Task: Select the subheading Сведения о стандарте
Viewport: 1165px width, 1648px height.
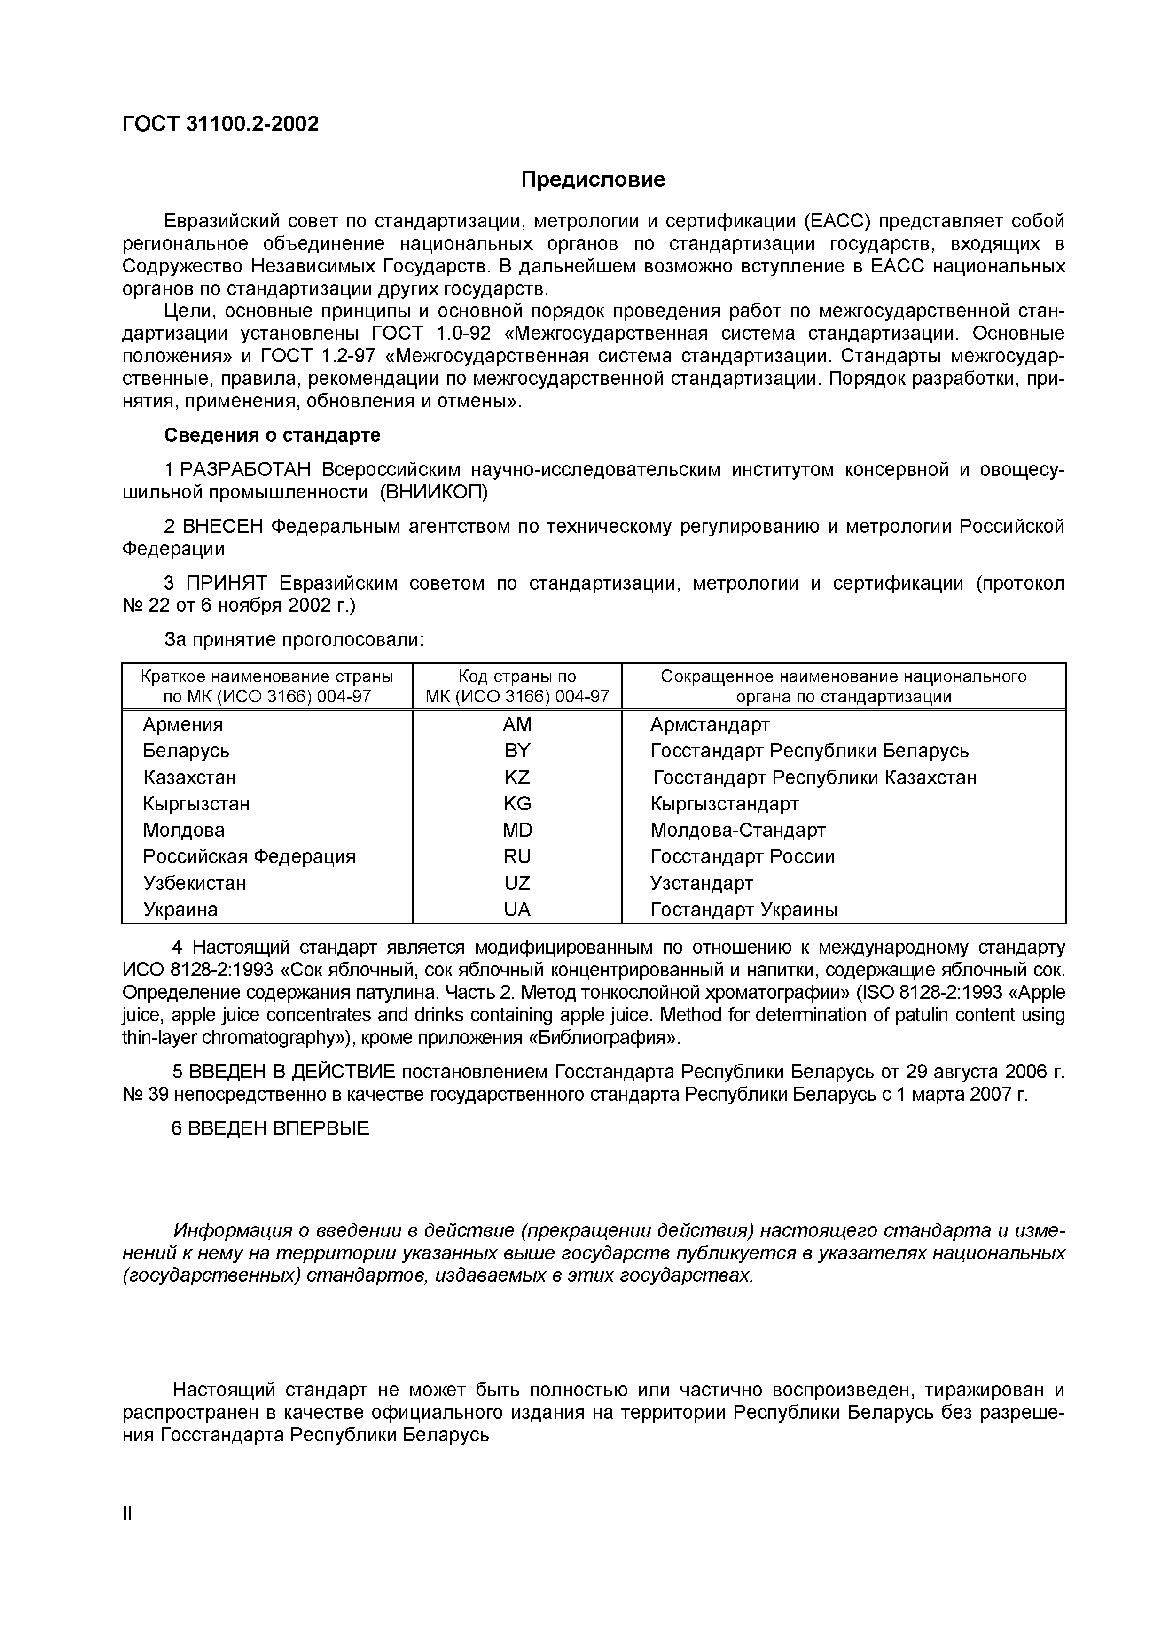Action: coord(272,435)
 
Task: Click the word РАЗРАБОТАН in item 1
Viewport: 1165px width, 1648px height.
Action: coord(245,469)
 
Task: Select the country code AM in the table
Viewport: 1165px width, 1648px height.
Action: coord(517,724)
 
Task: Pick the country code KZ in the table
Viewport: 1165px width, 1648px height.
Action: coord(517,777)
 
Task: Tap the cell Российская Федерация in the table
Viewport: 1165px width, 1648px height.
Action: coord(249,856)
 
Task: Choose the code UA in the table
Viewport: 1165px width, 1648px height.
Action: coord(517,910)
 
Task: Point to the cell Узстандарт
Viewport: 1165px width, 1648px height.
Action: coord(701,883)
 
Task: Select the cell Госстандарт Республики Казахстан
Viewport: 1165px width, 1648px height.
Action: coord(814,777)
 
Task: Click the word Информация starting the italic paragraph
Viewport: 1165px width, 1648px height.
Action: coord(233,1230)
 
